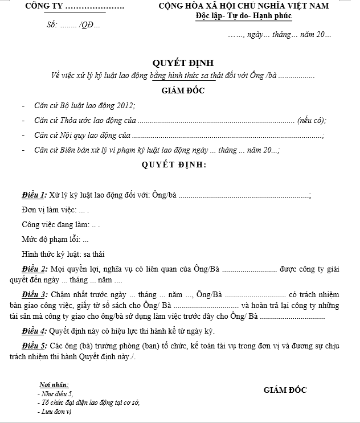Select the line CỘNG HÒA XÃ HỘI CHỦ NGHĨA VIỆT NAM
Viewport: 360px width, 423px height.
tap(244, 7)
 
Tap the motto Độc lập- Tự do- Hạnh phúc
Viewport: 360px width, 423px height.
tap(243, 17)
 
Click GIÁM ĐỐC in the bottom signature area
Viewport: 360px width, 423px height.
tap(285, 391)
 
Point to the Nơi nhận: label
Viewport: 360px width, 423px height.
tap(54, 385)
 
